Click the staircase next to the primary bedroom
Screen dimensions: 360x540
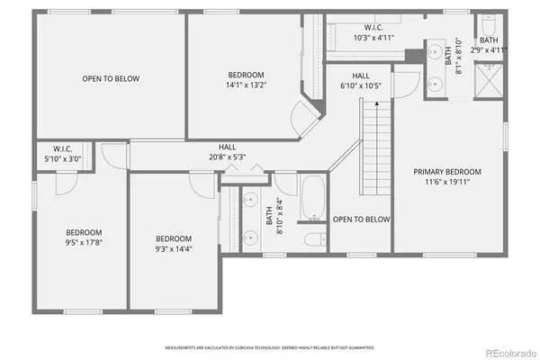(x=374, y=143)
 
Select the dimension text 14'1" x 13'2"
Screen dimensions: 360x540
(x=246, y=86)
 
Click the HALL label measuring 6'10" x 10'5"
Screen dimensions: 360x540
(x=361, y=76)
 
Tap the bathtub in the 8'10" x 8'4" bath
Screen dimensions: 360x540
(x=313, y=201)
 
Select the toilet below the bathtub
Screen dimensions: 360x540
(x=314, y=239)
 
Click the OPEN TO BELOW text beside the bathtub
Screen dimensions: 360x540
(x=361, y=220)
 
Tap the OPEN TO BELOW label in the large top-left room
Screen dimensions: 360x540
(x=111, y=79)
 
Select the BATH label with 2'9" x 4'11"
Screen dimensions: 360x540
(x=489, y=40)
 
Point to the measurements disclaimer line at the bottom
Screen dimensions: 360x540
(x=270, y=347)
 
